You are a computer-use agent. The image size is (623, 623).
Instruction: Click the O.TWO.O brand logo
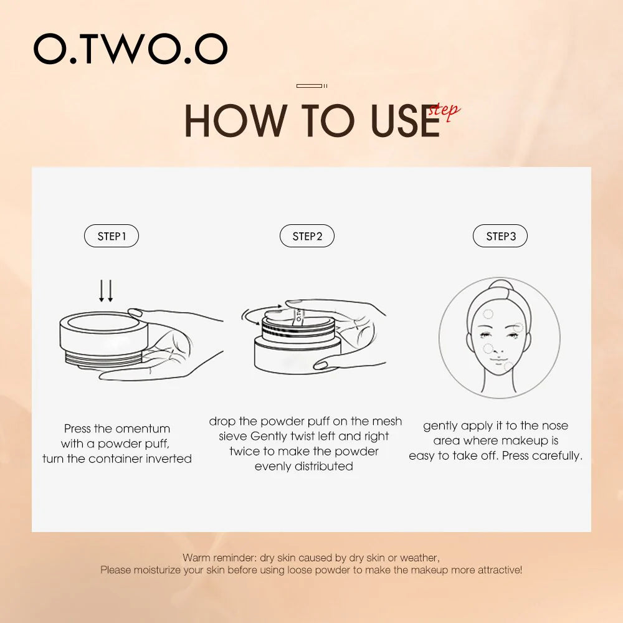point(130,49)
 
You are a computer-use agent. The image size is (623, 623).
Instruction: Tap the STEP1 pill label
point(112,236)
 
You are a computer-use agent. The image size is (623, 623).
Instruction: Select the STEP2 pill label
point(307,236)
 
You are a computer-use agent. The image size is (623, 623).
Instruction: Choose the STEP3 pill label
point(500,236)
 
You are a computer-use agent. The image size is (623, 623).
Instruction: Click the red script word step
point(444,112)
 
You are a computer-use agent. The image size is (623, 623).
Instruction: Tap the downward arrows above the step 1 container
point(106,291)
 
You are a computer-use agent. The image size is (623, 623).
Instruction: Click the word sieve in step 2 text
point(233,436)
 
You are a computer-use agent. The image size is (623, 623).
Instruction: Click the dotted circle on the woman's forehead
point(488,314)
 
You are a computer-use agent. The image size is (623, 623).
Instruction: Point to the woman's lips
point(498,360)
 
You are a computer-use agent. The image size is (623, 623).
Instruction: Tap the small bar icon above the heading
point(312,86)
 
